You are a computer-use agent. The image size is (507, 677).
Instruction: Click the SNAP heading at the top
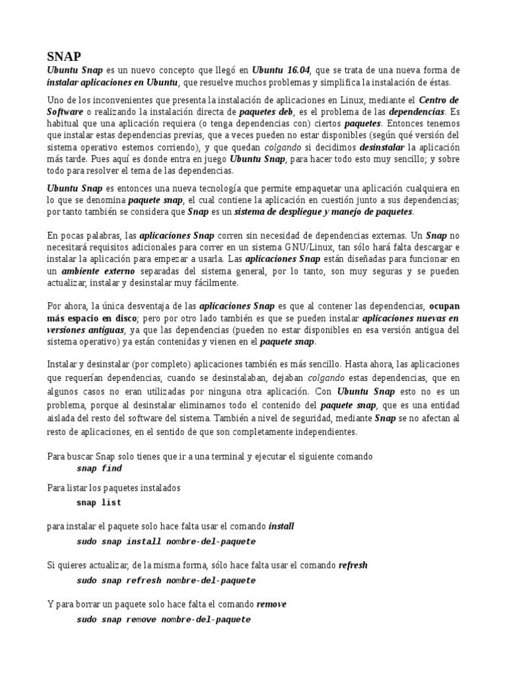(x=63, y=56)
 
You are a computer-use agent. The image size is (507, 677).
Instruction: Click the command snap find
(x=99, y=469)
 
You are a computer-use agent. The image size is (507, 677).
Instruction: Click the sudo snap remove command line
(x=163, y=619)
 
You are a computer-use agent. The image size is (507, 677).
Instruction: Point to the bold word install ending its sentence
(x=281, y=527)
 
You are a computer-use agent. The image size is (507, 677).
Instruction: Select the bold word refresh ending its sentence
(x=353, y=566)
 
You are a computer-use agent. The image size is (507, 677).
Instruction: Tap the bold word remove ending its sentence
(x=271, y=605)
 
